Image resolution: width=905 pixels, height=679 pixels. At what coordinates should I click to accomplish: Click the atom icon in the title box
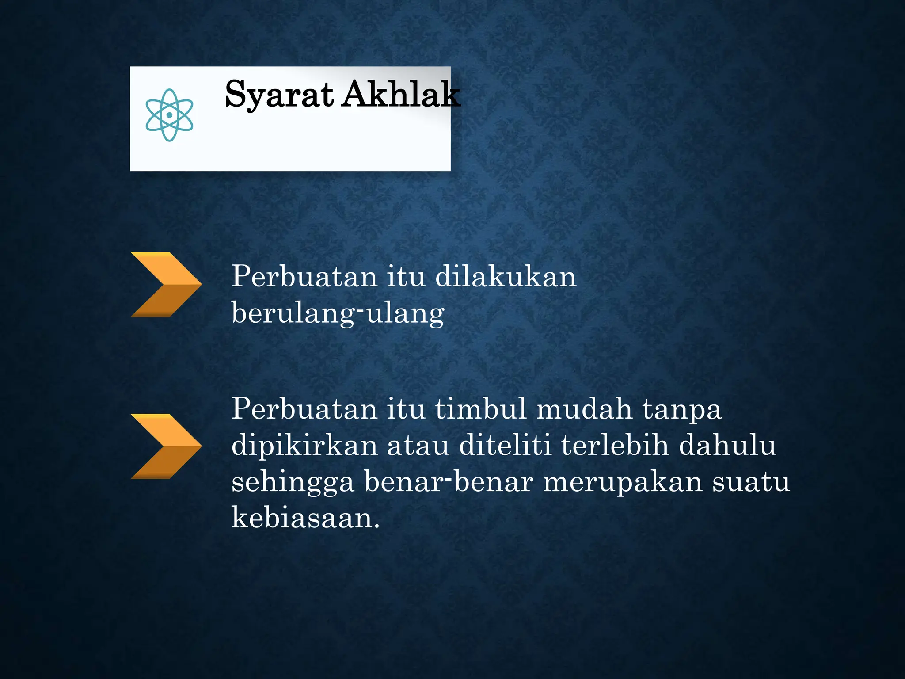point(169,115)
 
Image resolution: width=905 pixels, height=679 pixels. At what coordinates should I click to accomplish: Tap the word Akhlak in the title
point(400,94)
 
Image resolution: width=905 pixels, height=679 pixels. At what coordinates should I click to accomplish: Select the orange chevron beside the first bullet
point(166,284)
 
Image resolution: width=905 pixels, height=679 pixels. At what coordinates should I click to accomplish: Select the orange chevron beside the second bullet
point(166,446)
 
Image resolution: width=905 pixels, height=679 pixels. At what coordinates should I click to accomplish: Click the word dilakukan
point(506,277)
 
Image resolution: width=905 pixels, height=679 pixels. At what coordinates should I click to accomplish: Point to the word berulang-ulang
point(338,313)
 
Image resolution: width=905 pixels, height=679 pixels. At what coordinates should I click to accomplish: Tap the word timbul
point(481,409)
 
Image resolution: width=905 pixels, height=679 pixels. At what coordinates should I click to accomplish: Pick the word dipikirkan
point(304,446)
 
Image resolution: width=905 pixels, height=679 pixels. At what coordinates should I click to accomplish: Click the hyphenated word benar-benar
point(449,481)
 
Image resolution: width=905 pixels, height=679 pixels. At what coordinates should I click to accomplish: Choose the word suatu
point(751,481)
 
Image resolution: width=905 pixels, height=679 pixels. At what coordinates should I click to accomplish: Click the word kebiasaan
point(305,518)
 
